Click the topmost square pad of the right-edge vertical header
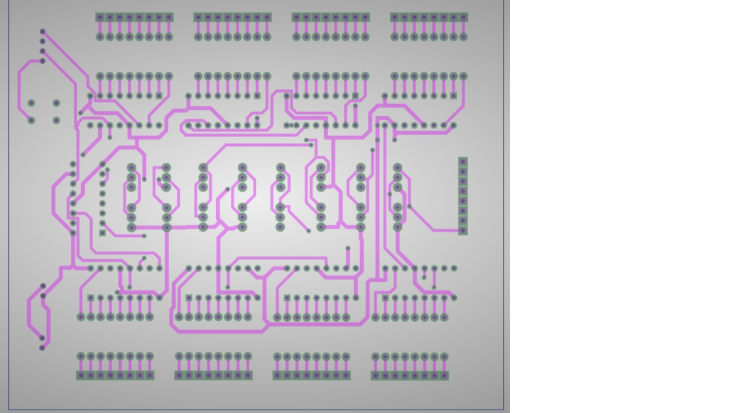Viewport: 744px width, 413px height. pos(463,162)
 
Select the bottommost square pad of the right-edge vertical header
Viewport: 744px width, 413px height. pos(463,230)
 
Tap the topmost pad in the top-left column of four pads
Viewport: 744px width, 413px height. pos(43,32)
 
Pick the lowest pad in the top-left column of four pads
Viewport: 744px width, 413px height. pos(43,61)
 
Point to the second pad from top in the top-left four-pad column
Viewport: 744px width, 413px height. pos(43,42)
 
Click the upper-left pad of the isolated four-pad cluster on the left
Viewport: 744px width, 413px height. pos(31,103)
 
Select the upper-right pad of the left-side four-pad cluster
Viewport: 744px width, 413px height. pos(56,103)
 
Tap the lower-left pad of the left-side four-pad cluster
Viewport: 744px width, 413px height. pos(31,120)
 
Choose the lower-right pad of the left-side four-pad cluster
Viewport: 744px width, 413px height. pos(56,120)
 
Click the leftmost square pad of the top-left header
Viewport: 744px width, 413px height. pos(100,17)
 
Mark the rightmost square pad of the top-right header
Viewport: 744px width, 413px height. pos(463,17)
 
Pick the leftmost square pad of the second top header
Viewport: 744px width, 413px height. pos(198,17)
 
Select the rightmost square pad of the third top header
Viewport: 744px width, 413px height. pos(365,17)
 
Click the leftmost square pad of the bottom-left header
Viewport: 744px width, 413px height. pos(81,375)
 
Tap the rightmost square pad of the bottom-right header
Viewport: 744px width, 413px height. pos(444,375)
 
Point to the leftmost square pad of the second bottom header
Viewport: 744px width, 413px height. pos(179,375)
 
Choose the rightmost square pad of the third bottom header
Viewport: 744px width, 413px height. pos(346,375)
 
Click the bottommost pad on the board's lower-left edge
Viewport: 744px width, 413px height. pos(42,348)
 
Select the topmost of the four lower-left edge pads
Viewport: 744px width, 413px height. pos(43,286)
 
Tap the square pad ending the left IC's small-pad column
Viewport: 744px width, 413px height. pos(103,233)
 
